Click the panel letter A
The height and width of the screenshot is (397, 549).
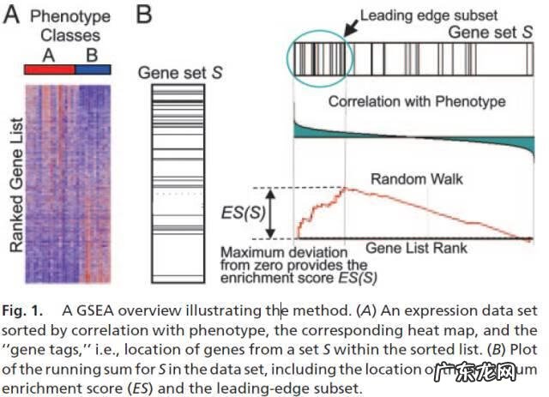pos(12,15)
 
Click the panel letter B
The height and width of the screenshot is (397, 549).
pos(147,15)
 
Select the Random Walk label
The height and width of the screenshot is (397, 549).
pos(405,178)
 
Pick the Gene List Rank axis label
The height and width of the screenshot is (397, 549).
pos(417,247)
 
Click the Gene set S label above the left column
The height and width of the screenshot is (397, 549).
pos(180,74)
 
